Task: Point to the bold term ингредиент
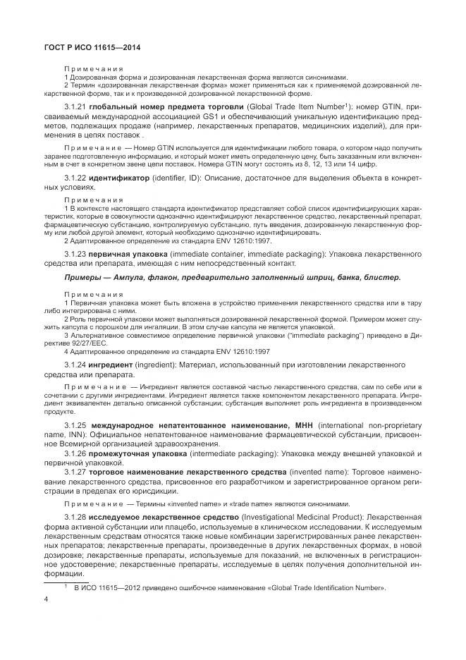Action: point(114,365)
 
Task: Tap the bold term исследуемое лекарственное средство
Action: point(164,517)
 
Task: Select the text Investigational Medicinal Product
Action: point(300,517)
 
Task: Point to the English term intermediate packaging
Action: point(250,454)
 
